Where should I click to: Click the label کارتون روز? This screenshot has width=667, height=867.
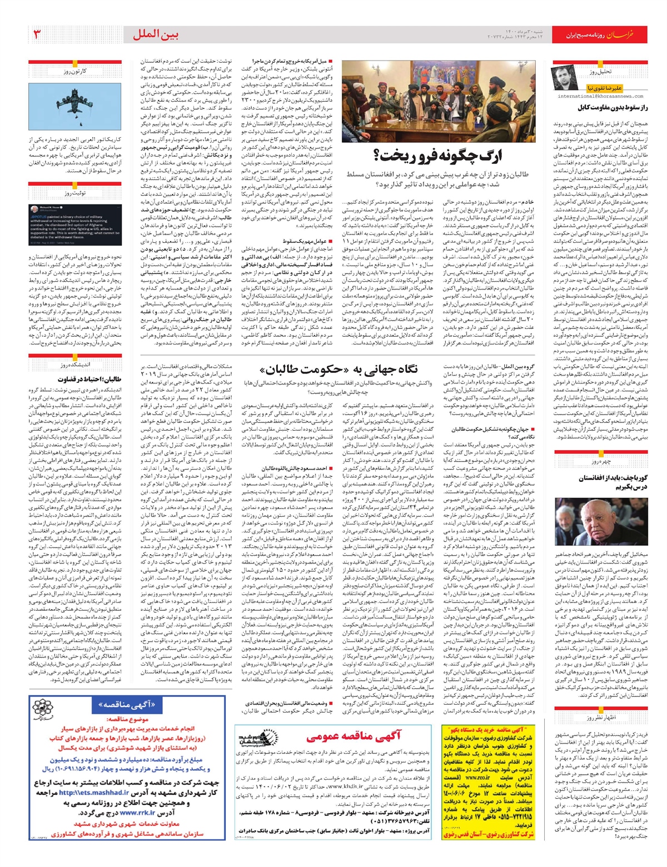pos(75,71)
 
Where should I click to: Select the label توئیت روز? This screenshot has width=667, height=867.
pos(75,193)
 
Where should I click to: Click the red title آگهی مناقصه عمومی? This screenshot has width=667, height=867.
pos(354,736)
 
